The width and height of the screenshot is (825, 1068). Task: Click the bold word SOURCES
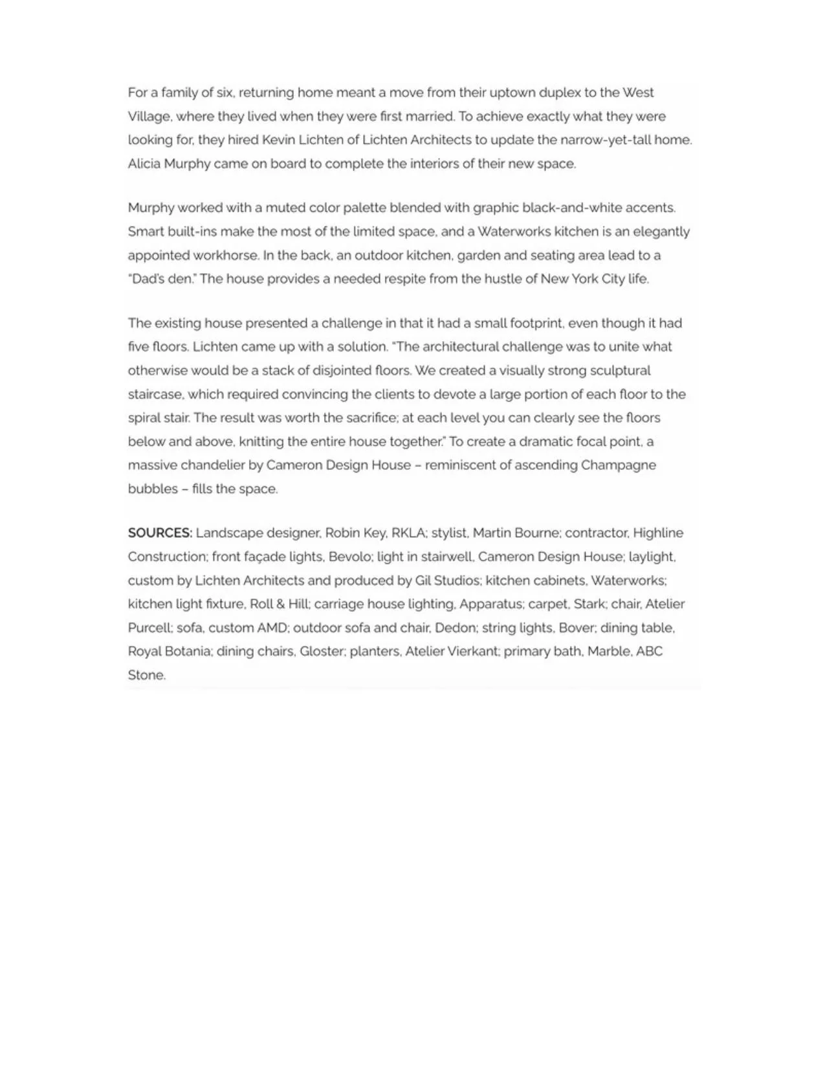pyautogui.click(x=160, y=533)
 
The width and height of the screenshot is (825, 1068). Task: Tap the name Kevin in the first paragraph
pyautogui.click(x=278, y=140)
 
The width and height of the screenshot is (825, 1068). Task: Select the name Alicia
pyautogui.click(x=144, y=164)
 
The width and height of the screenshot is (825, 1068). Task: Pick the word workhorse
pyautogui.click(x=226, y=255)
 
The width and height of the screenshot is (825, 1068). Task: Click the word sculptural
pyautogui.click(x=621, y=370)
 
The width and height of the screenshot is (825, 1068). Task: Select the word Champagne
pyautogui.click(x=618, y=465)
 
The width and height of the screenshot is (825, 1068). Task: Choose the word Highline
pyautogui.click(x=657, y=533)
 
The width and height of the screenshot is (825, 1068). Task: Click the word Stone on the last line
pyautogui.click(x=146, y=675)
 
